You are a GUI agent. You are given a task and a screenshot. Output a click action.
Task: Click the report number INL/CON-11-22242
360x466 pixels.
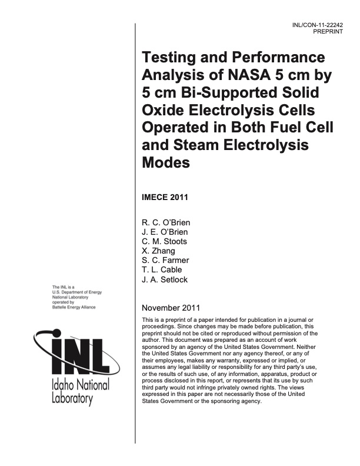pos(316,26)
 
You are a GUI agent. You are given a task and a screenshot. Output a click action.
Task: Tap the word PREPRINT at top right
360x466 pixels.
pos(325,33)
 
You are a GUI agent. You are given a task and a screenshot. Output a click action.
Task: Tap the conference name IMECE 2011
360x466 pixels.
pos(165,197)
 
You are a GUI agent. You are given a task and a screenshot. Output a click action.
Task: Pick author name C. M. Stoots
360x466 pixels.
pos(165,241)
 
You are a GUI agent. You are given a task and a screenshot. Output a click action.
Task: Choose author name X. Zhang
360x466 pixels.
pos(158,251)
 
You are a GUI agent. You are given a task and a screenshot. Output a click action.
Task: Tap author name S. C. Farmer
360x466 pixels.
pos(166,261)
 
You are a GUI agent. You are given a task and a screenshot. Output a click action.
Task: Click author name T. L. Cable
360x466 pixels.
pos(162,270)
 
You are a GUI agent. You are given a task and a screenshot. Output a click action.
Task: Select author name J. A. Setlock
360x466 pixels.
pos(165,279)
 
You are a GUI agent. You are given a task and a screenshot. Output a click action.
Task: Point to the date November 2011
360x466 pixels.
pos(172,308)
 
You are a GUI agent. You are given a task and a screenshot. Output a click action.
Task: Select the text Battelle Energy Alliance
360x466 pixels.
pos(75,307)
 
